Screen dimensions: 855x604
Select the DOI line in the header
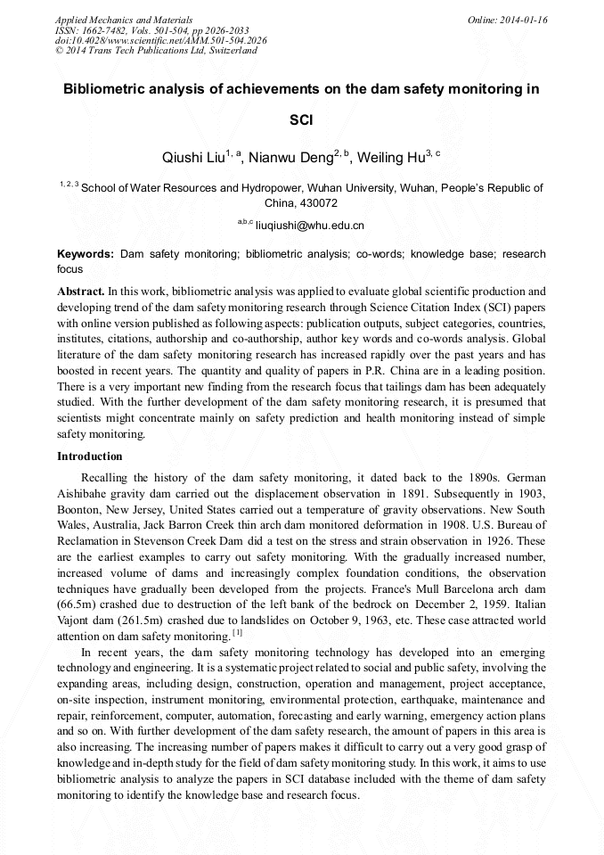[160, 40]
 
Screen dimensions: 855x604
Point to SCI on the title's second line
[301, 119]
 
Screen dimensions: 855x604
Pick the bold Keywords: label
[86, 254]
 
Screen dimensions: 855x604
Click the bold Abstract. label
[81, 292]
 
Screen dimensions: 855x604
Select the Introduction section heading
[90, 456]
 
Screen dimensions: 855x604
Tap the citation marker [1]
[237, 634]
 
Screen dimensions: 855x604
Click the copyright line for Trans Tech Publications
[156, 51]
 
